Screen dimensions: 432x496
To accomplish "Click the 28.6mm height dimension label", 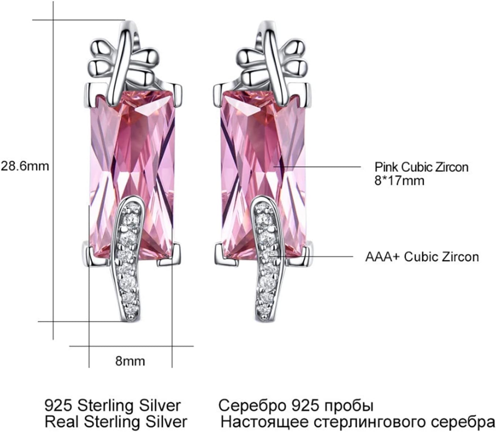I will click(x=25, y=166).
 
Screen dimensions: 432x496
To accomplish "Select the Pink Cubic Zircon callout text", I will click(x=421, y=167).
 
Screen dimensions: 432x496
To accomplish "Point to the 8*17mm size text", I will click(x=399, y=181).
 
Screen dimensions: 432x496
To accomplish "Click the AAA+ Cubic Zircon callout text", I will click(x=422, y=257).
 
